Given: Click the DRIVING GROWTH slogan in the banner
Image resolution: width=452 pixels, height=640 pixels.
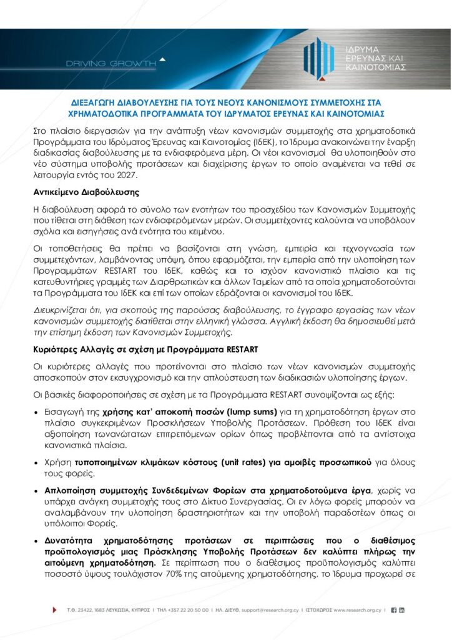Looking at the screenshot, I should pos(112,63).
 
